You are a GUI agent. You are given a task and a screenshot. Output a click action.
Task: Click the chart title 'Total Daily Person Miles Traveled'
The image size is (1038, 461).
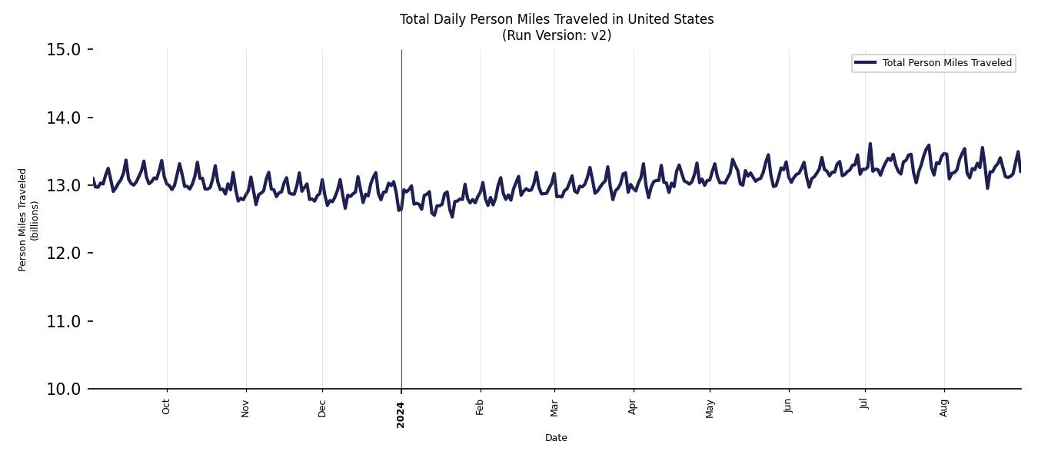click(x=556, y=19)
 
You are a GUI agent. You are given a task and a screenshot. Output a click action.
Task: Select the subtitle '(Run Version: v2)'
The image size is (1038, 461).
click(x=556, y=35)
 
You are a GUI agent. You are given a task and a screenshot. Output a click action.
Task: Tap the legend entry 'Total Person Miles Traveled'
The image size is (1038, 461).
click(x=947, y=63)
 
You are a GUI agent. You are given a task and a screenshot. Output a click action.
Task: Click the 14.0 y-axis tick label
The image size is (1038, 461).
click(x=64, y=118)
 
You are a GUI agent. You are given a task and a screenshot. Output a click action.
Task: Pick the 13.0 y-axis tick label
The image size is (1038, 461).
click(x=64, y=185)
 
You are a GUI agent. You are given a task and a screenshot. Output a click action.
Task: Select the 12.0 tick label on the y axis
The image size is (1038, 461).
click(x=64, y=254)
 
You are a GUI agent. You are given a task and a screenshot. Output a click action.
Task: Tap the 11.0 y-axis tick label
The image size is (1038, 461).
click(x=64, y=321)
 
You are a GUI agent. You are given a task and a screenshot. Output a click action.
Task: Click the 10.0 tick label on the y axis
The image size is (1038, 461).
click(x=64, y=389)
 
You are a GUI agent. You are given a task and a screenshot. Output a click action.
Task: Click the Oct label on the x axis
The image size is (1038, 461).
click(x=167, y=406)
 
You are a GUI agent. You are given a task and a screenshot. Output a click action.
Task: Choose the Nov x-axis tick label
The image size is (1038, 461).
click(x=246, y=407)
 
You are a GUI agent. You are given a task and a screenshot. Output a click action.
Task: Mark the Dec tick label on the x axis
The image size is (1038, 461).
click(x=322, y=407)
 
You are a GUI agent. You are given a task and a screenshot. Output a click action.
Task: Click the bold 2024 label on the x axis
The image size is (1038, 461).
click(x=401, y=414)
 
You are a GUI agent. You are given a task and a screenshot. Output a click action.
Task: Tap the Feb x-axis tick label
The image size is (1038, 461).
click(x=481, y=406)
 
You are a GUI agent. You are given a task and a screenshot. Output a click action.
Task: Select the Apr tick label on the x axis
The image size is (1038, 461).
click(x=634, y=406)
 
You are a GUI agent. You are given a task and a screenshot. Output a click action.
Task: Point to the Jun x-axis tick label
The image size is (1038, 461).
click(x=789, y=406)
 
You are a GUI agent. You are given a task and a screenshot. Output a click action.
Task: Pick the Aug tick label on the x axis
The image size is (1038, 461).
click(x=944, y=406)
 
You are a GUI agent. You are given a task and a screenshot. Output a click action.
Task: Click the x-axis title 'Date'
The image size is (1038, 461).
click(x=556, y=438)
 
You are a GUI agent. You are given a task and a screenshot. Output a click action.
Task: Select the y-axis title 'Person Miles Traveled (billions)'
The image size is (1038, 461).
click(x=28, y=220)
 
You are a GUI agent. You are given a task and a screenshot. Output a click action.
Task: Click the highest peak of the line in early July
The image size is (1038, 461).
click(x=870, y=144)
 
